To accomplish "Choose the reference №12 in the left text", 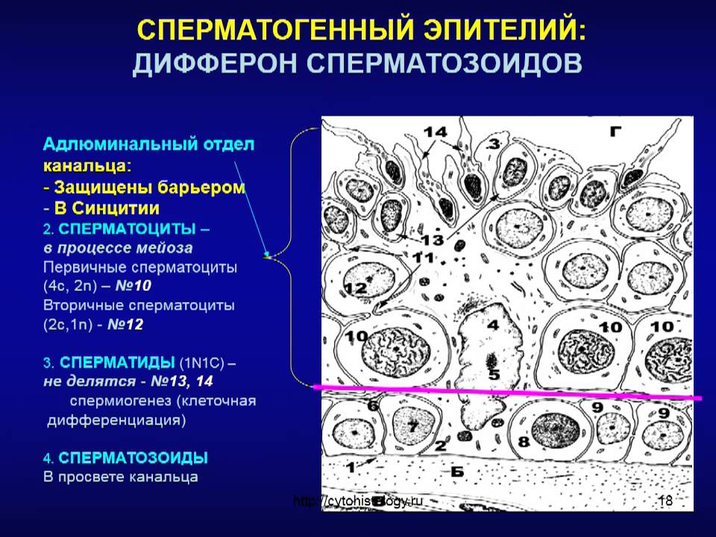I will (125, 325).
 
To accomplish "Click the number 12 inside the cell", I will (356, 287).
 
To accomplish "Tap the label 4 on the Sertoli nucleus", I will (492, 325).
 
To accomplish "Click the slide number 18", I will (665, 501).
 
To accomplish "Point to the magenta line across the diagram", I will (507, 392).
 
